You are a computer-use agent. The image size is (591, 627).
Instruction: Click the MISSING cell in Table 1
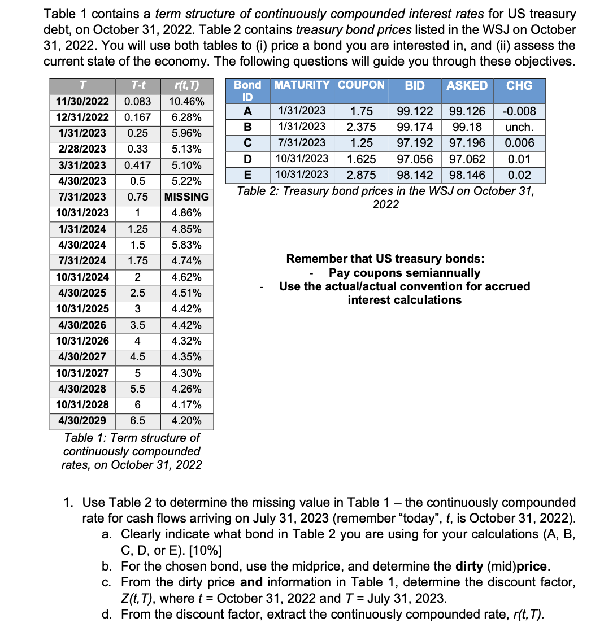pos(186,197)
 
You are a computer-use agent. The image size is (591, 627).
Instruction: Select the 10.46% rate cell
pos(186,102)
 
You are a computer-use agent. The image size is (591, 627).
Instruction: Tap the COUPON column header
pos(361,85)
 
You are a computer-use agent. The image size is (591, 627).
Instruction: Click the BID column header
pos(415,86)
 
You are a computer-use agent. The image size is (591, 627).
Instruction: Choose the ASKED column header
pos(467,86)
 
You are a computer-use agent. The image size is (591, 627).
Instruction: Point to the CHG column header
pos(519,86)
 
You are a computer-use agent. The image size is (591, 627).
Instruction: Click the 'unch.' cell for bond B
pos(519,127)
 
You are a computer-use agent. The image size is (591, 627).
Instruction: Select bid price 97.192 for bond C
pos(415,143)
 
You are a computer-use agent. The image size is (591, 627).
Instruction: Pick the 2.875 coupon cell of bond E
pos(361,175)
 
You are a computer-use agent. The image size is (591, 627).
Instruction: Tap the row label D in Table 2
pos(247,159)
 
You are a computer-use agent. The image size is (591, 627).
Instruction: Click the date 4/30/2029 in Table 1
pos(82,421)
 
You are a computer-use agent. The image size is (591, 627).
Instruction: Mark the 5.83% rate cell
pos(186,245)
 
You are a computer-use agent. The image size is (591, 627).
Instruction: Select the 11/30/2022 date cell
pos(82,102)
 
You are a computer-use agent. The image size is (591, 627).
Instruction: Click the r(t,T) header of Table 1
pos(186,86)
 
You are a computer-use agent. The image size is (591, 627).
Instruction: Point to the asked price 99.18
pos(467,127)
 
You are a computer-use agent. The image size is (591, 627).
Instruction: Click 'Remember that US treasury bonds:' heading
pos(385,259)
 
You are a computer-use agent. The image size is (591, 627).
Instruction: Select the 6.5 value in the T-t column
pos(137,421)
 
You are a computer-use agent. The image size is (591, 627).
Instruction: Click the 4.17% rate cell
pos(186,405)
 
